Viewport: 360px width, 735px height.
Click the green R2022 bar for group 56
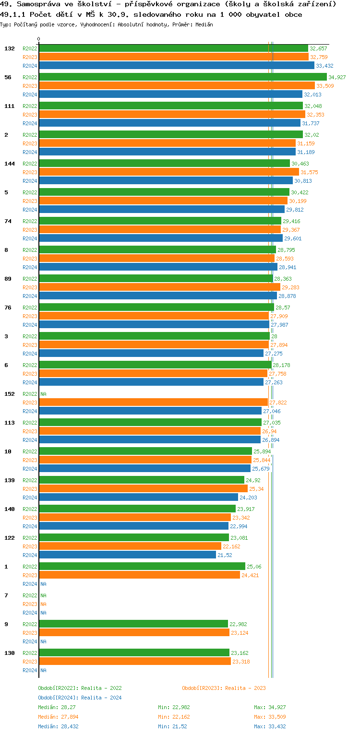click(182, 77)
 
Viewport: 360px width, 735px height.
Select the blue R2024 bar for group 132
click(176, 66)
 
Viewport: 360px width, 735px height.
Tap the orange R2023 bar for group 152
click(153, 403)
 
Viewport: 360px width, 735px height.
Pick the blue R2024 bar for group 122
click(127, 555)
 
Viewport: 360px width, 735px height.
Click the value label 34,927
click(337, 77)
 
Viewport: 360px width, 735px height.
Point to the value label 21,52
click(225, 555)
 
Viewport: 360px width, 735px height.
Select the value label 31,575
click(309, 172)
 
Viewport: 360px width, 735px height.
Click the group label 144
click(10, 164)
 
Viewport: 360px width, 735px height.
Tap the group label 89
click(8, 279)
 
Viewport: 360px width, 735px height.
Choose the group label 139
click(10, 480)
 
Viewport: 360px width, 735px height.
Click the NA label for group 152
click(43, 394)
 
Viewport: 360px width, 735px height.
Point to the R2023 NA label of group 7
click(43, 604)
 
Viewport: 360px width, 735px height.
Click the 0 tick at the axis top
click(39, 39)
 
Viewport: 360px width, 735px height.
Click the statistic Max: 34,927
click(270, 707)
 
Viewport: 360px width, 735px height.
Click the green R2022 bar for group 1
click(142, 567)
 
